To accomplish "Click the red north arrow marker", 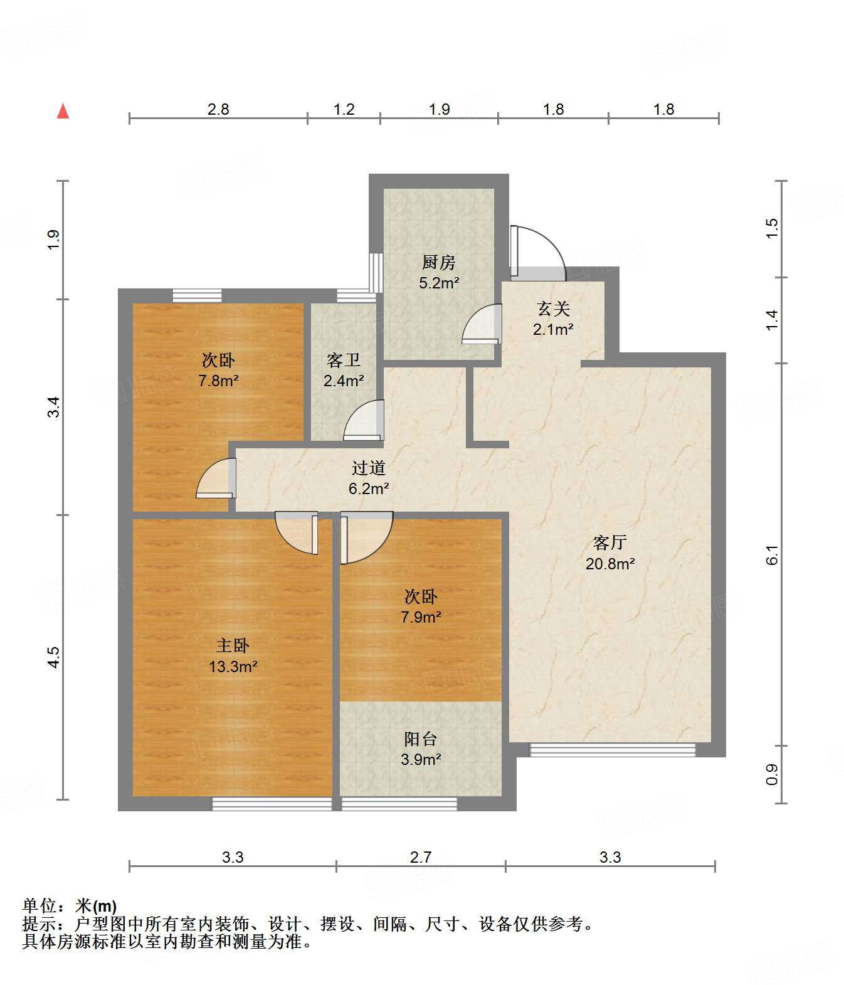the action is pos(63,111).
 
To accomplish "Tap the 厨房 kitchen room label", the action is pos(438,262).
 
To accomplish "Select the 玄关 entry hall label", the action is pos(553,309).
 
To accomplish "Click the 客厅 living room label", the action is pos(609,542).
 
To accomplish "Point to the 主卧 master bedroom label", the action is pos(233,645).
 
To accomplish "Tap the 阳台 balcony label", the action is pos(420,739).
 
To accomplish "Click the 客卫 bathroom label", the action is pos(343,361).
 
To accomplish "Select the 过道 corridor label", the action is pos(368,468).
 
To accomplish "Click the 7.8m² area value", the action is pos(218,381).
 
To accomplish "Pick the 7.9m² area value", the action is pos(421,617).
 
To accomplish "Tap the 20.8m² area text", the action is pos(610,564).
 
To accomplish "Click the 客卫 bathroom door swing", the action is pos(364,420).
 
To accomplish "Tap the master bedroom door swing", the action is pos(297,533).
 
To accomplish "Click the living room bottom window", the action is pos(613,750).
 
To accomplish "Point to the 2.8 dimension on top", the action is pos(218,109).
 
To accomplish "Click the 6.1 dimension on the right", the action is pos(771,555).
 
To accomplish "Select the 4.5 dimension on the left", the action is pos(53,657).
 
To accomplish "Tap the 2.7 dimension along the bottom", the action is pos(421,857).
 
